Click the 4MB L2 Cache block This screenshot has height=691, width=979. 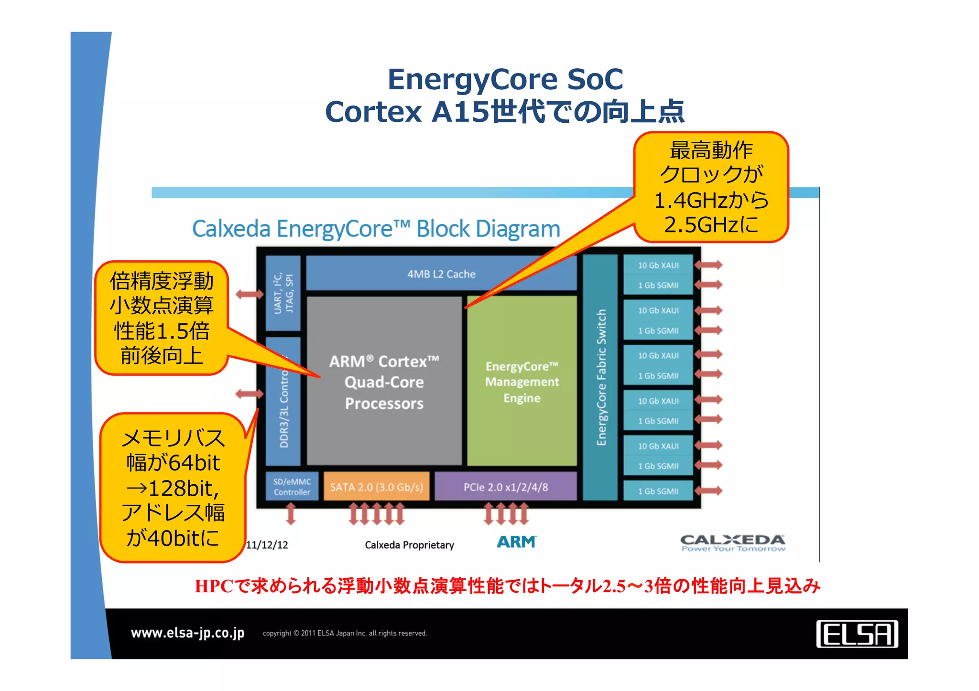tap(441, 274)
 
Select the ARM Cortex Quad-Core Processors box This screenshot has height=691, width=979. tap(384, 382)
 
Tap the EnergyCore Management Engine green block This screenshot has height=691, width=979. tap(522, 382)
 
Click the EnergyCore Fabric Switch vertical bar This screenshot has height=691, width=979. tap(600, 377)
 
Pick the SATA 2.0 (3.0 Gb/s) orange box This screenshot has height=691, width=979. tap(376, 487)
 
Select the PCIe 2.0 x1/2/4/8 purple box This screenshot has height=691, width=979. tap(505, 487)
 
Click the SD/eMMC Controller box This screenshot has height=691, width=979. tap(292, 487)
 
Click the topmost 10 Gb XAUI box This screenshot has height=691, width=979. tap(658, 266)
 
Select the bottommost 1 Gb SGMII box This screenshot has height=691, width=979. tap(658, 491)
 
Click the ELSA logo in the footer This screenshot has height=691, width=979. tap(857, 634)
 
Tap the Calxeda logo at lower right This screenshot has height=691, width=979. tap(732, 543)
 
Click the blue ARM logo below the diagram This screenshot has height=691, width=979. tap(516, 542)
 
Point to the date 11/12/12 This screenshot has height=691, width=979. tap(267, 545)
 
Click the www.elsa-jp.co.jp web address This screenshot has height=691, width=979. tap(187, 633)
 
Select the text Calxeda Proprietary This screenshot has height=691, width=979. tap(409, 545)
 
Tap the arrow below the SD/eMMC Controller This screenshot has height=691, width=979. tap(291, 515)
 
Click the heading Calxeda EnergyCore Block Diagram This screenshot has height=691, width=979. tap(376, 229)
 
